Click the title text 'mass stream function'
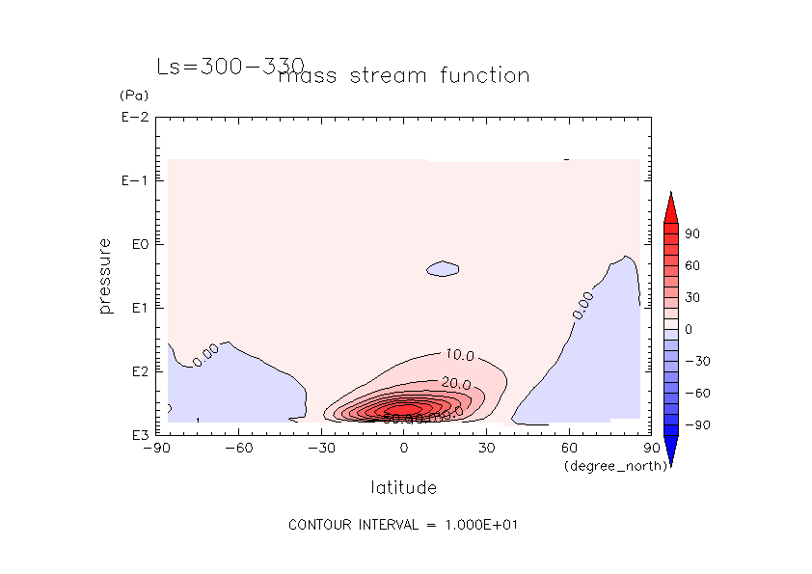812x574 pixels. pyautogui.click(x=403, y=75)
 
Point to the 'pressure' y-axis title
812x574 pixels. pyautogui.click(x=105, y=276)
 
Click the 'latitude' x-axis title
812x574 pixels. pyautogui.click(x=403, y=487)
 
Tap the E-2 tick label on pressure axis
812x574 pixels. pyautogui.click(x=134, y=118)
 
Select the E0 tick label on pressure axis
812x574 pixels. pyautogui.click(x=136, y=244)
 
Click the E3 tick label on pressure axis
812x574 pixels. pyautogui.click(x=136, y=434)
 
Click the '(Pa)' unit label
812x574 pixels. pyautogui.click(x=132, y=96)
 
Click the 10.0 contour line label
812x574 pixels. pyautogui.click(x=459, y=356)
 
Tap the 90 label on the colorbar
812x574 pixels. pyautogui.click(x=691, y=233)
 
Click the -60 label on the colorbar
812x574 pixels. pyautogui.click(x=697, y=393)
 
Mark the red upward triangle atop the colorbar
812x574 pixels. pyautogui.click(x=670, y=207)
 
